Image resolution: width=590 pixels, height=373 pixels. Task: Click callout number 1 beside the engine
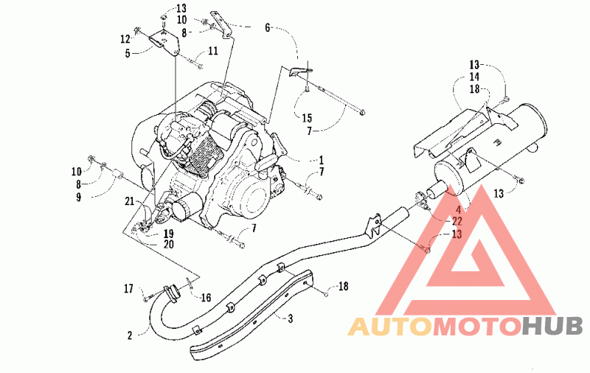click(x=321, y=161)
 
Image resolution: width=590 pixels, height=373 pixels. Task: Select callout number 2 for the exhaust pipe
click(x=130, y=335)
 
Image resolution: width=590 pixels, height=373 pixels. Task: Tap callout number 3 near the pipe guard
click(x=290, y=319)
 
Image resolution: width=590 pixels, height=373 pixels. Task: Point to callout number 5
click(x=128, y=54)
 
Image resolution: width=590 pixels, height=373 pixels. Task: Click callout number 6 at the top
click(x=268, y=28)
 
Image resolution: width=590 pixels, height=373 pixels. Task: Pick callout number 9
click(x=78, y=197)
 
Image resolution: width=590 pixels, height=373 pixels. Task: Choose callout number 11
click(x=213, y=51)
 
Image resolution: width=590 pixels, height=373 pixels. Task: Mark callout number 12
click(x=125, y=39)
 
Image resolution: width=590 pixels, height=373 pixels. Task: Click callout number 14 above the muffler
click(x=474, y=77)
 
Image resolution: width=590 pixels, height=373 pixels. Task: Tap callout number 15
click(x=307, y=118)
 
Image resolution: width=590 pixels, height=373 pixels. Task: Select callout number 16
click(x=206, y=298)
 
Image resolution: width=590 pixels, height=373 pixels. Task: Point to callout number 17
click(x=128, y=288)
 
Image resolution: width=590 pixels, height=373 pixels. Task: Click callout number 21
click(x=130, y=201)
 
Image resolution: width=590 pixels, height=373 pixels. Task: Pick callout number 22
click(x=457, y=220)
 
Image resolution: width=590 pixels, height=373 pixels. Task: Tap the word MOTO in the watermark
click(x=476, y=326)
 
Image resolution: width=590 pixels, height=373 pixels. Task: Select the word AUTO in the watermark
click(x=389, y=326)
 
